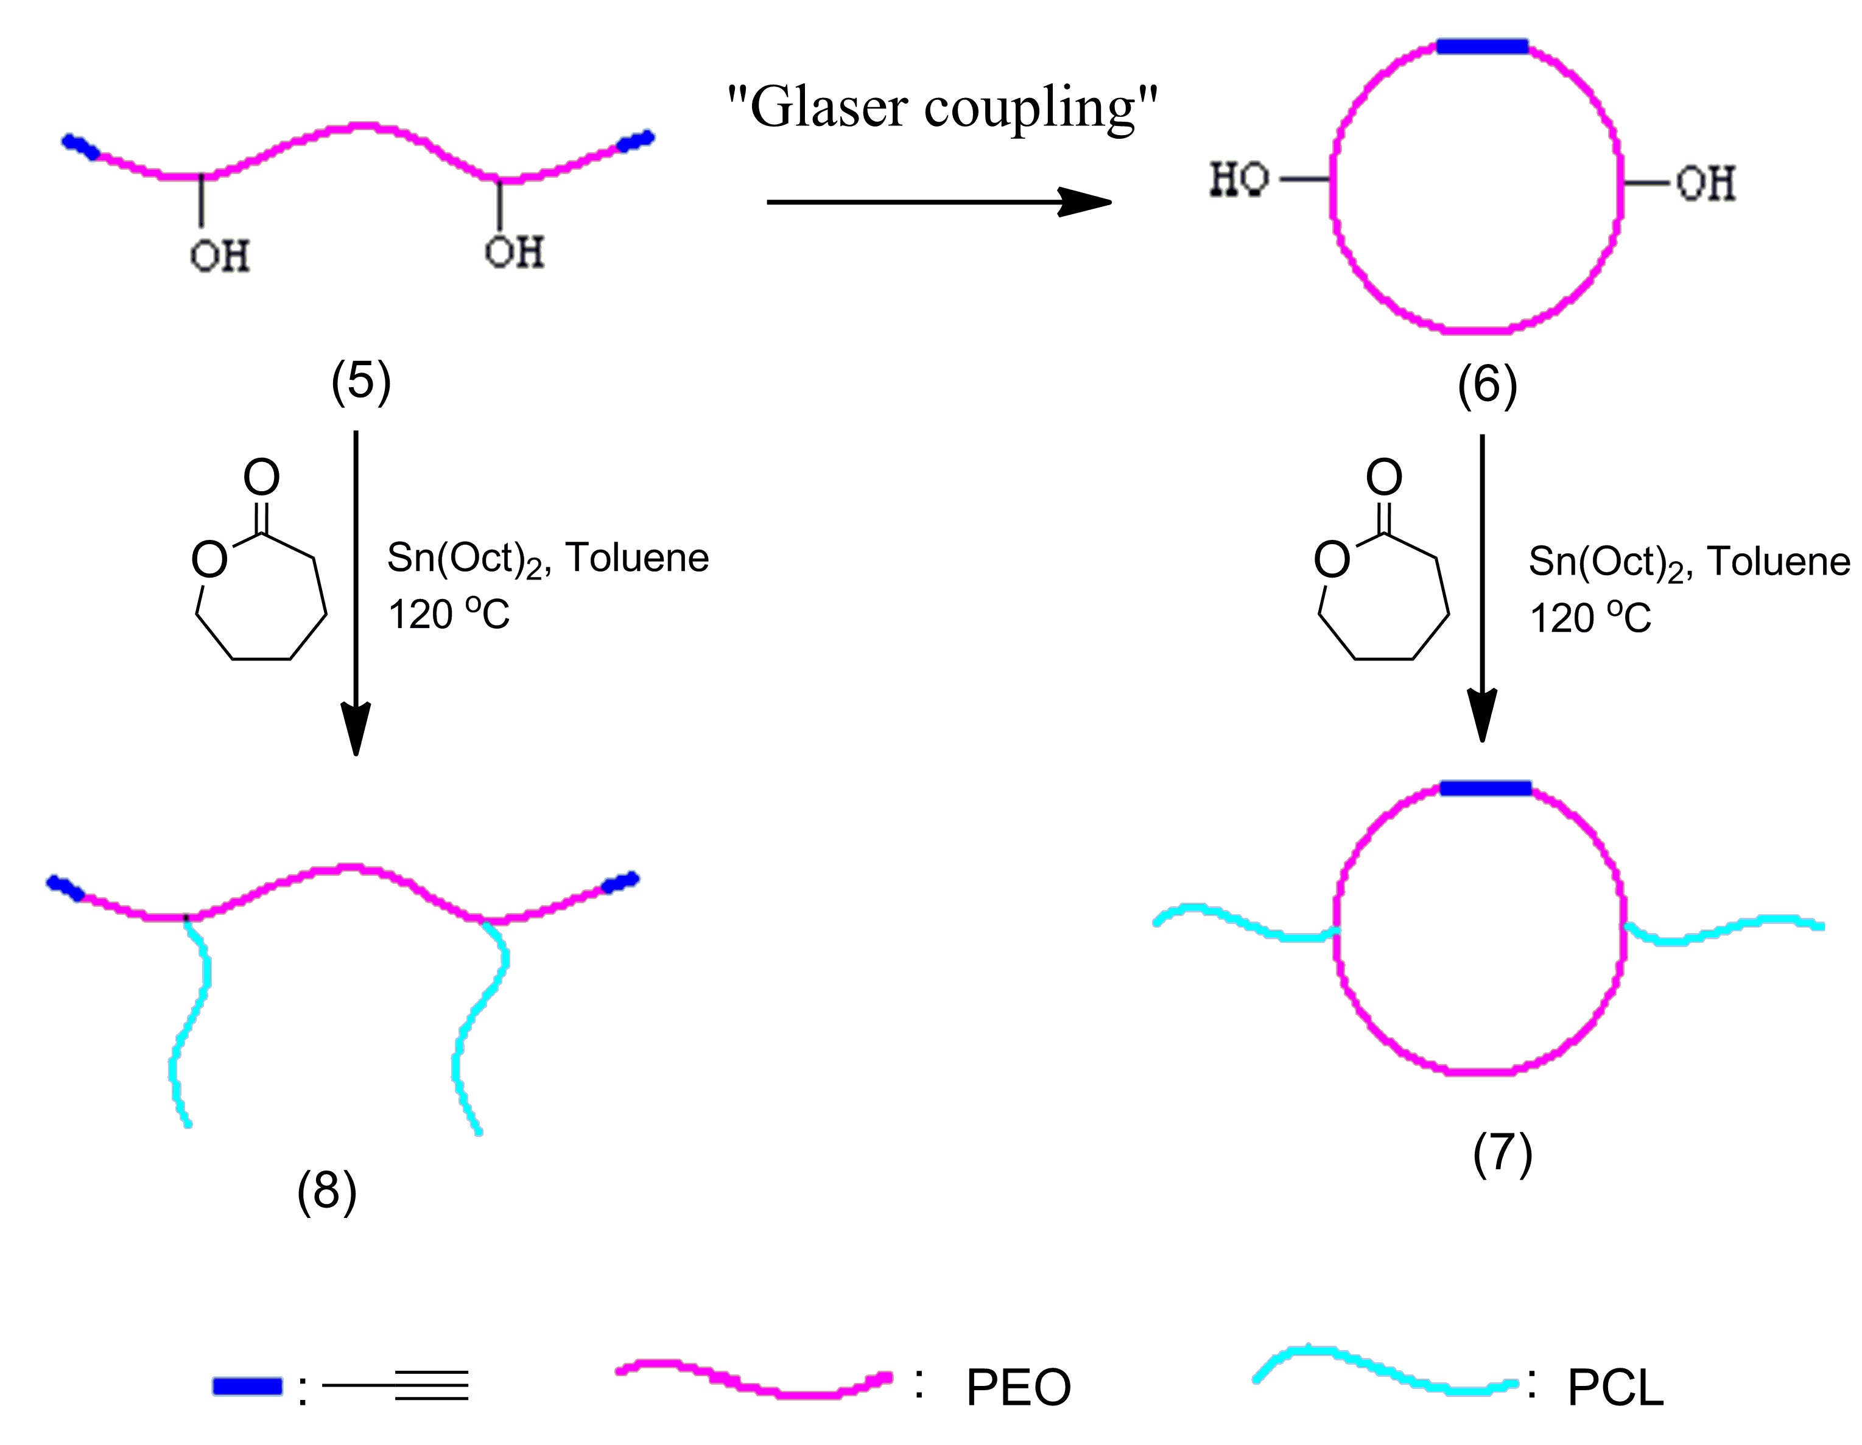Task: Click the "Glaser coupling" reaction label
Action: tap(942, 109)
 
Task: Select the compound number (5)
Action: tap(360, 381)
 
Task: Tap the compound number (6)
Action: tap(1487, 385)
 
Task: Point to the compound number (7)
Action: tap(1502, 1153)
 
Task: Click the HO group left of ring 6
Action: tap(1238, 180)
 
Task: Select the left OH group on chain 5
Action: tap(220, 255)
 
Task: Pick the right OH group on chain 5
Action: tap(514, 251)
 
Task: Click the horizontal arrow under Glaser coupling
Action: tap(938, 202)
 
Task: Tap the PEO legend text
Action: tap(1018, 1388)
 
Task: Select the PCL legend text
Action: tap(1615, 1388)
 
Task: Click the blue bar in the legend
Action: tap(247, 1386)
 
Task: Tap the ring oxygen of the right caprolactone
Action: tap(1332, 560)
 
